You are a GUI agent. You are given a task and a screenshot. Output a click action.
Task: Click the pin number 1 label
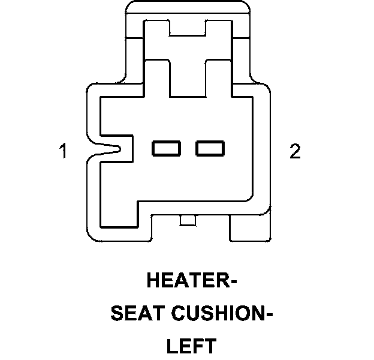pyautogui.click(x=62, y=151)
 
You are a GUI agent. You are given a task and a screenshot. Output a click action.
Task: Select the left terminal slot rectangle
pyautogui.click(x=167, y=148)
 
